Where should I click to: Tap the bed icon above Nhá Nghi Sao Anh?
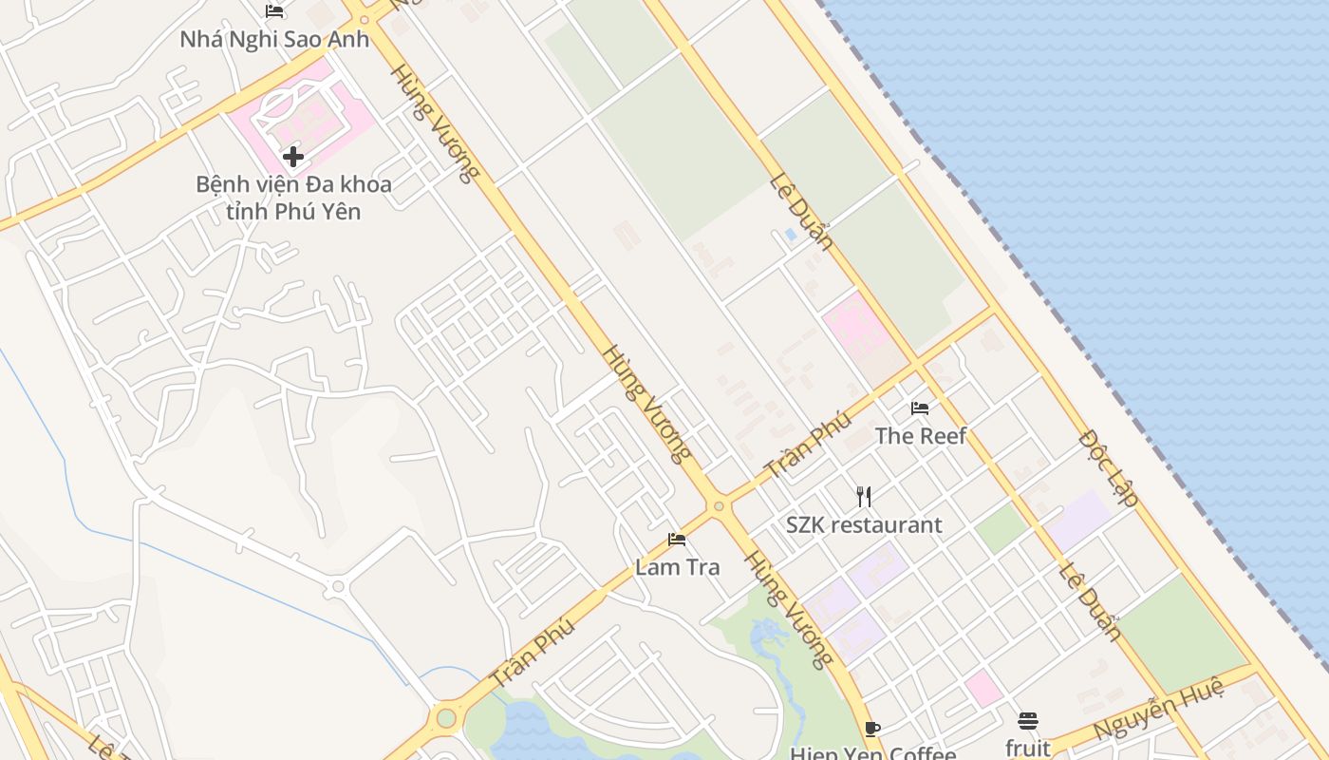[x=274, y=11]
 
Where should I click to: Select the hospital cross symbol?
[x=293, y=157]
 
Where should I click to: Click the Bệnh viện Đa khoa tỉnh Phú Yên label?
[x=293, y=197]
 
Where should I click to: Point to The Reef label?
[x=920, y=436]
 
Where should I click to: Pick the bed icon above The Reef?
[x=920, y=408]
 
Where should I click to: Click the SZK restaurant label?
[x=864, y=524]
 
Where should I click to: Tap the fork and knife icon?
[x=864, y=496]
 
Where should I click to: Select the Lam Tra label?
[x=678, y=567]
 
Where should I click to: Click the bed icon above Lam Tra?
[x=677, y=540]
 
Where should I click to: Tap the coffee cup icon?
[x=872, y=730]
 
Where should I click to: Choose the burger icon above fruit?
[x=1028, y=721]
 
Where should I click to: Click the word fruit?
[x=1028, y=749]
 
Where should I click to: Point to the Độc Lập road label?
[x=1109, y=467]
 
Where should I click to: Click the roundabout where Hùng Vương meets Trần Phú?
[x=719, y=506]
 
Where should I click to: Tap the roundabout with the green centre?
[x=446, y=717]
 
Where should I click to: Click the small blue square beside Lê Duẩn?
[x=791, y=234]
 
